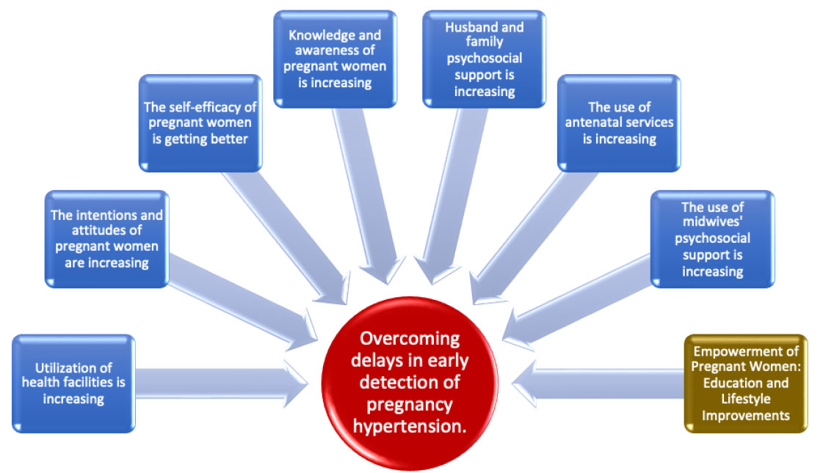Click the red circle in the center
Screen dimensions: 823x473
(x=410, y=383)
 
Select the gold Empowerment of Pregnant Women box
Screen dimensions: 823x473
(x=746, y=384)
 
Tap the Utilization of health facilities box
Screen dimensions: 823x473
(x=73, y=384)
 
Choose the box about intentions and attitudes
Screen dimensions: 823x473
(x=106, y=238)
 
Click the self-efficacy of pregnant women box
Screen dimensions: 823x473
(x=200, y=122)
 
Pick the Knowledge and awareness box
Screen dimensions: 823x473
(x=335, y=59)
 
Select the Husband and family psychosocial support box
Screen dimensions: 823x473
(x=484, y=59)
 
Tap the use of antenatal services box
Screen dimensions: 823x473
(x=619, y=122)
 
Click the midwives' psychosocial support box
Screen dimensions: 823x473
(x=712, y=238)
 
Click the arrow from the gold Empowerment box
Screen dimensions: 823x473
(x=598, y=384)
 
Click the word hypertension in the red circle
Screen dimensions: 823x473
(x=410, y=426)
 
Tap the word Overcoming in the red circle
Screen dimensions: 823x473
(x=410, y=339)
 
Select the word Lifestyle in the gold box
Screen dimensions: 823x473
(x=746, y=399)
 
